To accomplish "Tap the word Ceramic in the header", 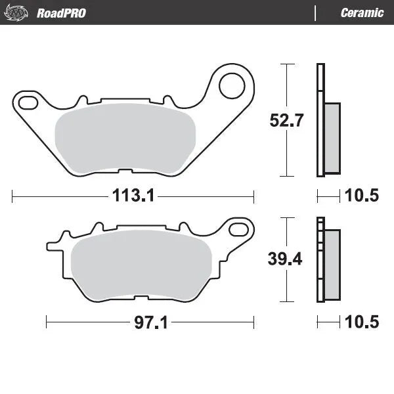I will pyautogui.click(x=362, y=12).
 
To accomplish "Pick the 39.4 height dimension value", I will pyautogui.click(x=286, y=259).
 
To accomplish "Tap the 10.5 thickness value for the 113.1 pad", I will pyautogui.click(x=361, y=195).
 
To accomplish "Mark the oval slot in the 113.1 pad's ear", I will pyautogui.click(x=28, y=102).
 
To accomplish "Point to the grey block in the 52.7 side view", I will pyautogui.click(x=332, y=137).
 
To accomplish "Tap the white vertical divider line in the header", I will pyautogui.click(x=316, y=12).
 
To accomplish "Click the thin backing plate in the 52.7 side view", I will pyautogui.click(x=320, y=120).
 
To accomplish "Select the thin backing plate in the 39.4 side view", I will pyautogui.click(x=320, y=259).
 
